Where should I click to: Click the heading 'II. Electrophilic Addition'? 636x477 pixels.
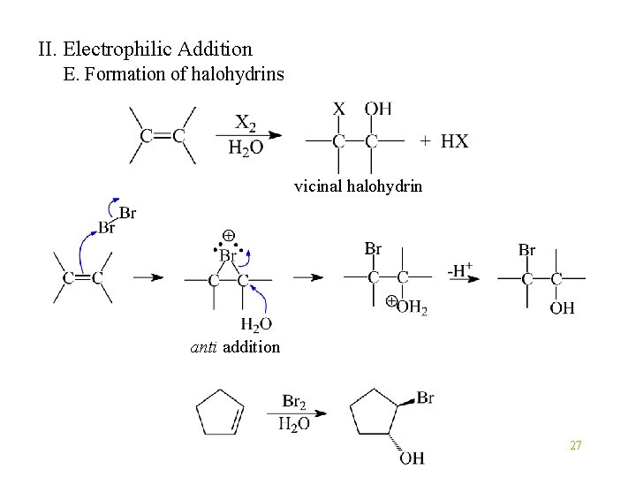point(145,49)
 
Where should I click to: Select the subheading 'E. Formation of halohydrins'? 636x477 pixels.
point(174,74)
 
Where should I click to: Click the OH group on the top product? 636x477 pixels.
point(378,109)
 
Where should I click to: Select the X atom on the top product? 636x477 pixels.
point(339,109)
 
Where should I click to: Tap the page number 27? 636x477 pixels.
point(575,446)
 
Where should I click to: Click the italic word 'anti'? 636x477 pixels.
point(205,347)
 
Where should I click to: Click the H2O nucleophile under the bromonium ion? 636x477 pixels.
point(256,324)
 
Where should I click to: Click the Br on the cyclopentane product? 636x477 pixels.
point(424,398)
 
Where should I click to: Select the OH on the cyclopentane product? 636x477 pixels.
point(411,457)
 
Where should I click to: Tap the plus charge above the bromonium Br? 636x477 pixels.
point(228,237)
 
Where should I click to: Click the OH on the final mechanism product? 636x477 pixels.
point(562,307)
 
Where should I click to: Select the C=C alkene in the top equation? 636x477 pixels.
point(163,135)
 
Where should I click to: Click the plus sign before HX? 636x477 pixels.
point(426,141)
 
